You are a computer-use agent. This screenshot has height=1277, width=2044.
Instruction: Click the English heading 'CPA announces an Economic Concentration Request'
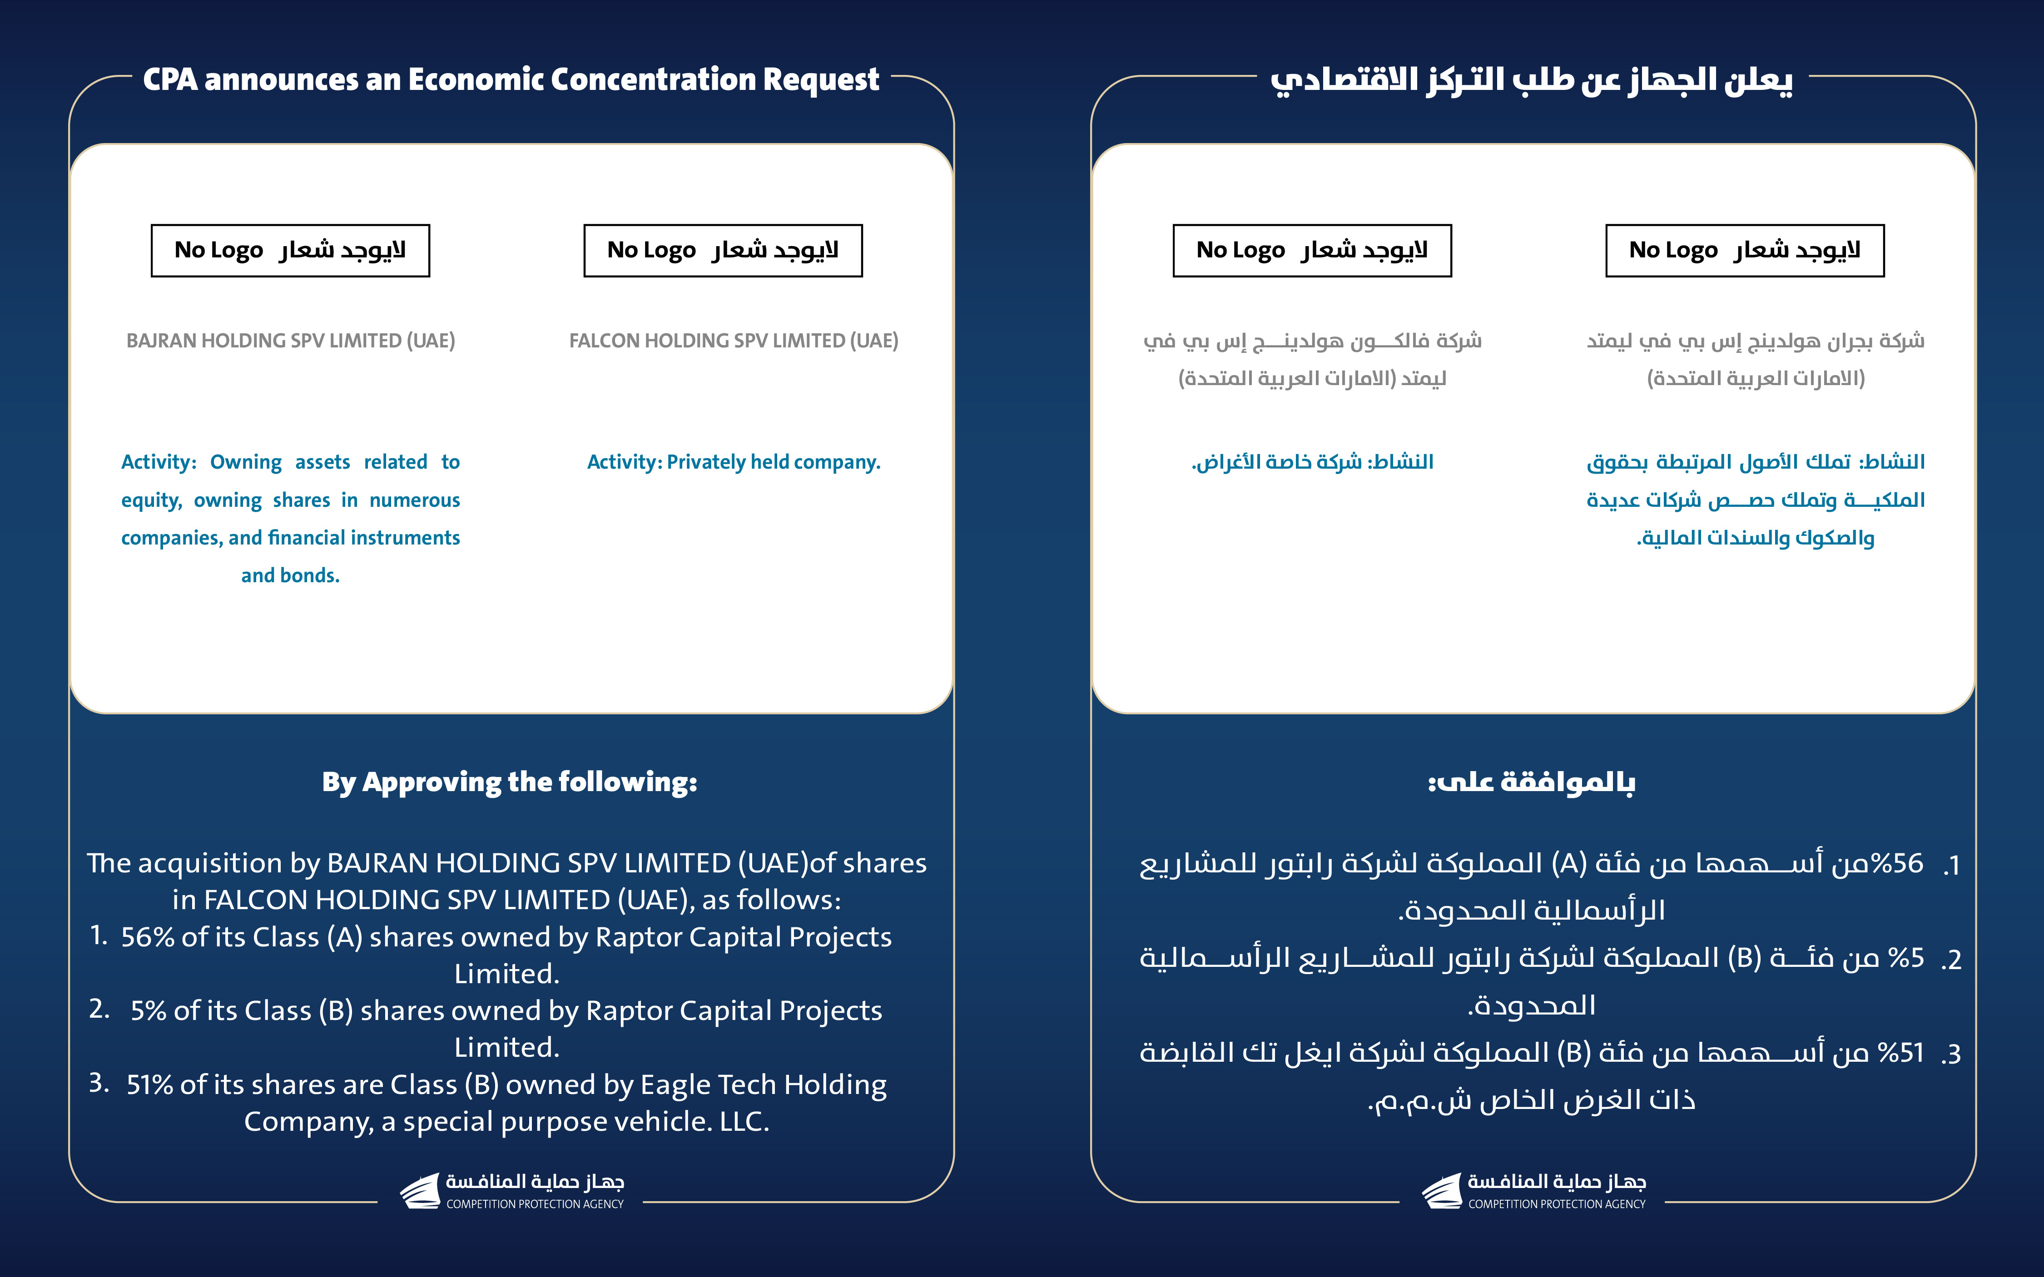point(511,79)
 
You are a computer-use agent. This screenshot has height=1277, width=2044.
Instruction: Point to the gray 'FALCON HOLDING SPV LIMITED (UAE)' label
point(733,340)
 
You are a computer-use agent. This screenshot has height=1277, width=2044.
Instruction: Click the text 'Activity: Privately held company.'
point(733,462)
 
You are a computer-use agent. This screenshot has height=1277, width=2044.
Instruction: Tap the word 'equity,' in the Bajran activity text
point(151,500)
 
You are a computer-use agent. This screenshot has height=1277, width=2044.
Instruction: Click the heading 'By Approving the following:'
point(509,782)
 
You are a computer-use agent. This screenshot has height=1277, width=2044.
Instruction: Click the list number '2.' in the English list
point(99,1009)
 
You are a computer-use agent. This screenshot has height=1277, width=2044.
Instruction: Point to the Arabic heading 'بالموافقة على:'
point(1531,782)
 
